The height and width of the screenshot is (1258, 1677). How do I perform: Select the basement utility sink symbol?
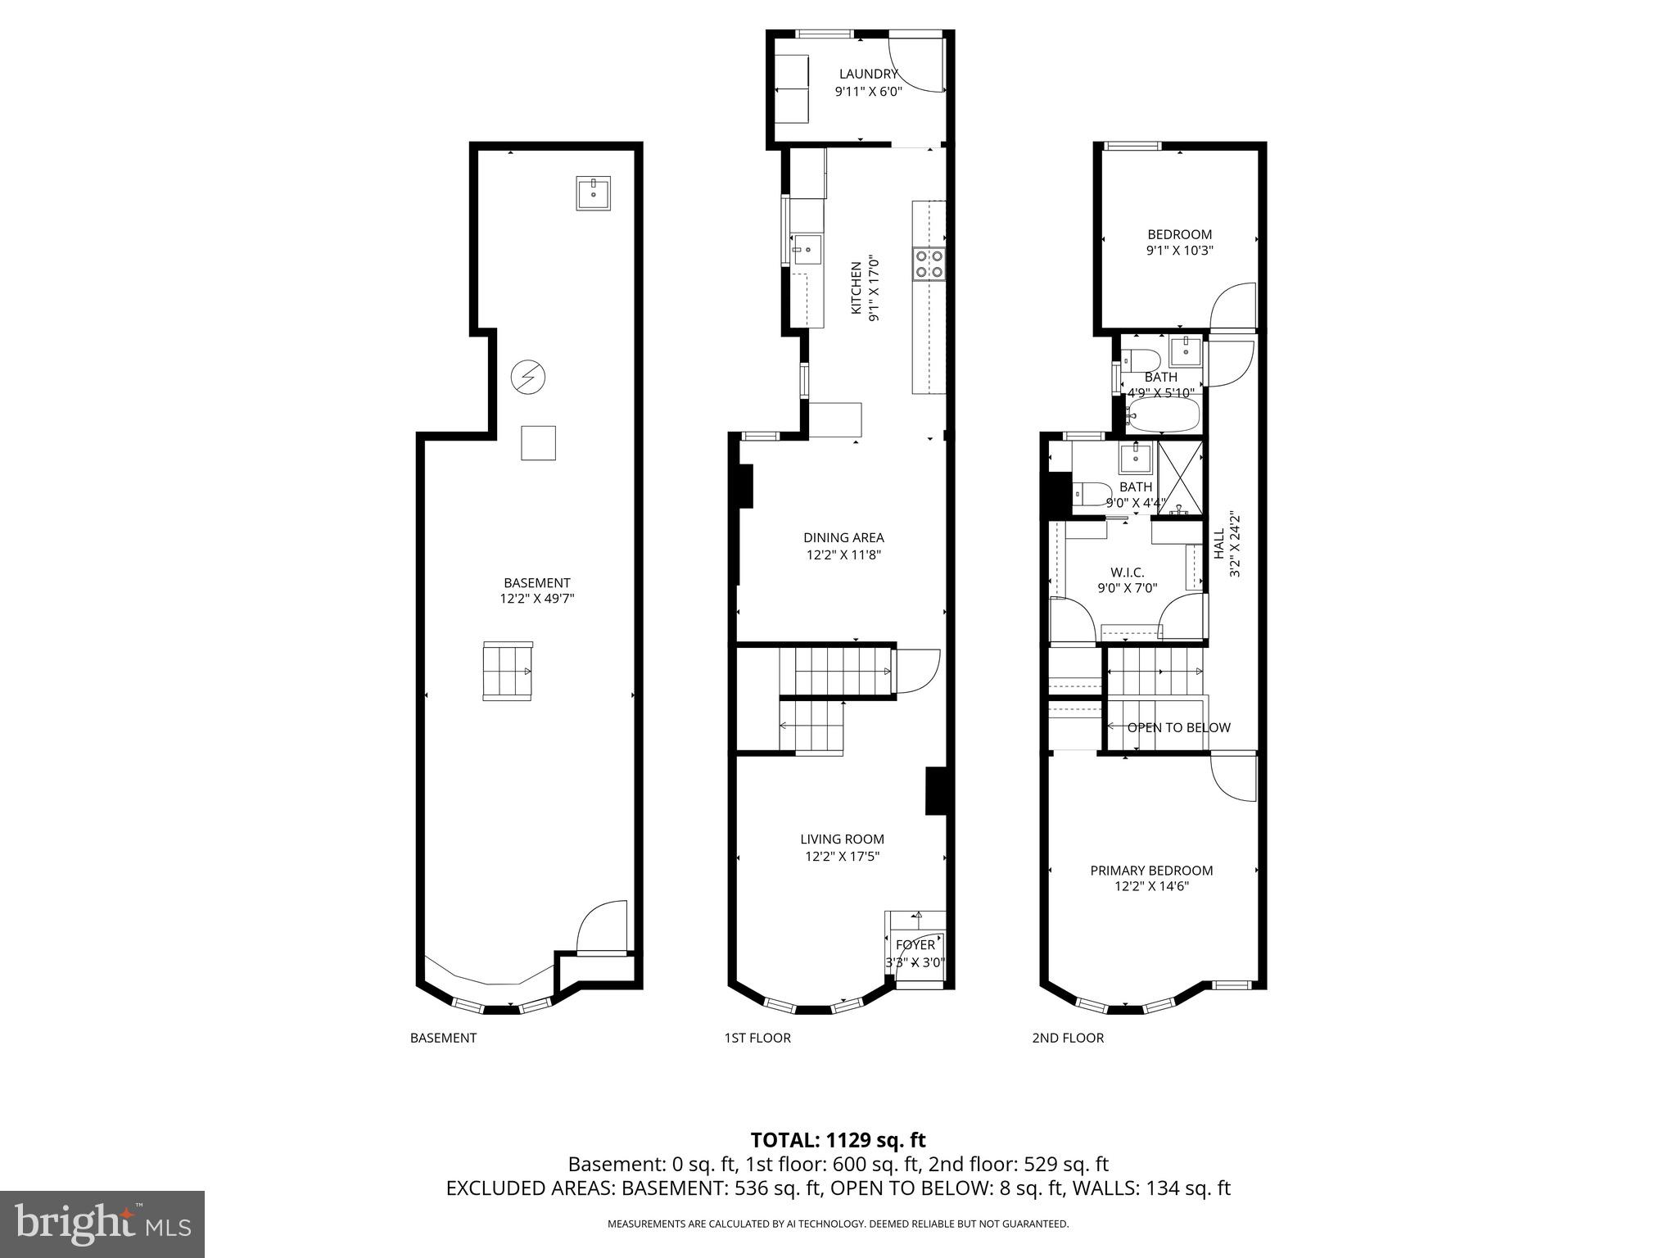click(x=593, y=194)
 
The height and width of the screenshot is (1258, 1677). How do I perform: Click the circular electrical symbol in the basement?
click(x=528, y=377)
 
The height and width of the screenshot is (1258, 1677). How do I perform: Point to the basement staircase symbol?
click(x=508, y=671)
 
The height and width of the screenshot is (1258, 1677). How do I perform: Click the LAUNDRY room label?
click(x=868, y=75)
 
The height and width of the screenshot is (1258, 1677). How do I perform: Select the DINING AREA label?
click(x=843, y=538)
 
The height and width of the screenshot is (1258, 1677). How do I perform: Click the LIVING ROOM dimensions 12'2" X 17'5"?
click(x=842, y=857)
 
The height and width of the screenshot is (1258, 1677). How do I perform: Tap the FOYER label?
click(x=915, y=945)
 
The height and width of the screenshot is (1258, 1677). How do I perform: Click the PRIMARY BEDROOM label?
click(x=1151, y=871)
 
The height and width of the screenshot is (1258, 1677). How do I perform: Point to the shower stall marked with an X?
click(x=1180, y=476)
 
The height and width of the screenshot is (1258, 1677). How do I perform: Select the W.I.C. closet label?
click(x=1128, y=572)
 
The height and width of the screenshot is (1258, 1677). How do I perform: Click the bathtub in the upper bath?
click(x=1163, y=415)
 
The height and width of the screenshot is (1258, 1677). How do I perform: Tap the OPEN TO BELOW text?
click(x=1178, y=727)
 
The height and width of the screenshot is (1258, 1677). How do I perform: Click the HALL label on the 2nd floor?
click(x=1218, y=545)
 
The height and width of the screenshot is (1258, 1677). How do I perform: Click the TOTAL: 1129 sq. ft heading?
click(x=838, y=1140)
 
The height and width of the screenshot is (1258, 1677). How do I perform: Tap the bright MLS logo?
click(x=102, y=1224)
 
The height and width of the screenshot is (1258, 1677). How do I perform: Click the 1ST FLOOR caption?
click(x=757, y=1038)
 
